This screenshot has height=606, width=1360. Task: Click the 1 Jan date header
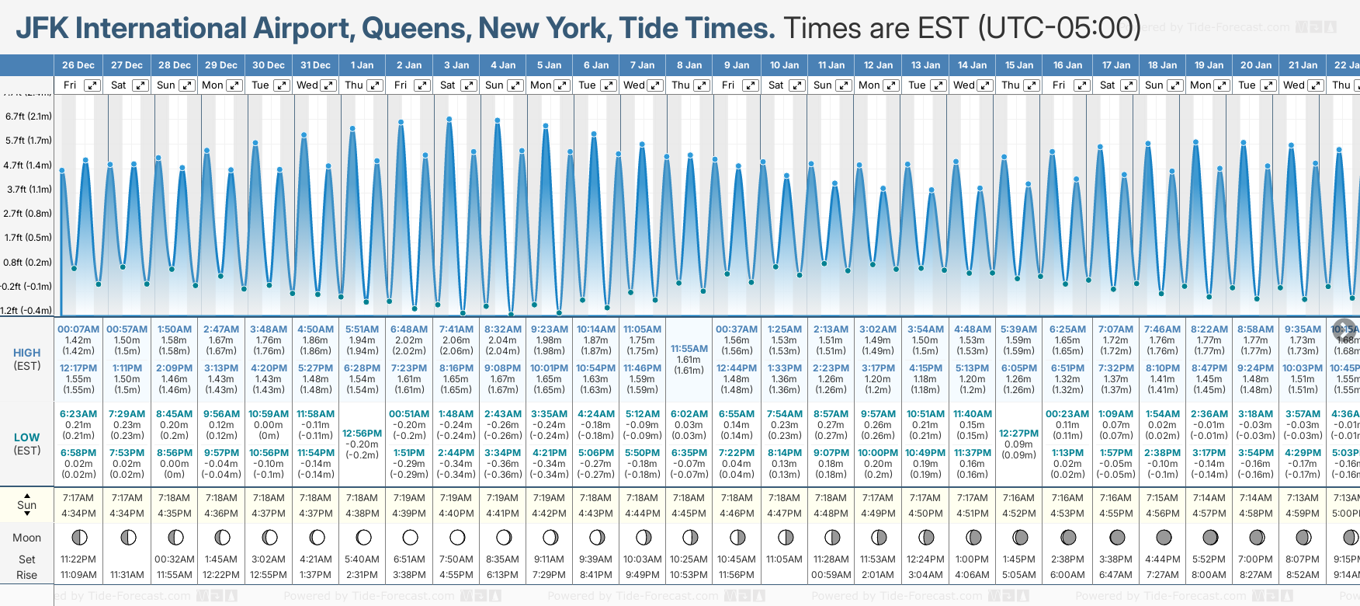(362, 65)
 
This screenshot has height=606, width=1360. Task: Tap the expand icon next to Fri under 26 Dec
(92, 85)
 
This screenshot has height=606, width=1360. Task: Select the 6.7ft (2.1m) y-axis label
(29, 117)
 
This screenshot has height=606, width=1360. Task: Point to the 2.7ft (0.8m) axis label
(29, 213)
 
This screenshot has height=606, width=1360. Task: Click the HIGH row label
(27, 353)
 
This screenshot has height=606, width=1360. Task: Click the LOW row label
(27, 437)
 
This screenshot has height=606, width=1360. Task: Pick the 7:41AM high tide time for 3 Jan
(456, 329)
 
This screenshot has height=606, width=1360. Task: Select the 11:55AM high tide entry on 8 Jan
(689, 349)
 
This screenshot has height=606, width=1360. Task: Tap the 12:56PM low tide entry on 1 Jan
(362, 434)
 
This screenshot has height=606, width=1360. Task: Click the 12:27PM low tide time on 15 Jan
(1018, 434)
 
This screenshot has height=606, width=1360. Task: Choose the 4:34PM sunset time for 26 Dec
(78, 514)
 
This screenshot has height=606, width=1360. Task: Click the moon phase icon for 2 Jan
(410, 538)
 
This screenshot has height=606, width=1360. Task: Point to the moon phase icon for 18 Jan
(1163, 538)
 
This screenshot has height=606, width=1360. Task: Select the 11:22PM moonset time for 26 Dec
(78, 559)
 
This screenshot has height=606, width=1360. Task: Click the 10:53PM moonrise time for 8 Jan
(689, 575)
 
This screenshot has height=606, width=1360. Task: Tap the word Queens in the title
(415, 29)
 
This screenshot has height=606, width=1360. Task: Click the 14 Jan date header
(972, 65)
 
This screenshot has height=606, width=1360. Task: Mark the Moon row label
(27, 538)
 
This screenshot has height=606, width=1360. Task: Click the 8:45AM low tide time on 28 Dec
(174, 414)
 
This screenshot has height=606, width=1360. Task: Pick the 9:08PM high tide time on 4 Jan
(503, 368)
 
